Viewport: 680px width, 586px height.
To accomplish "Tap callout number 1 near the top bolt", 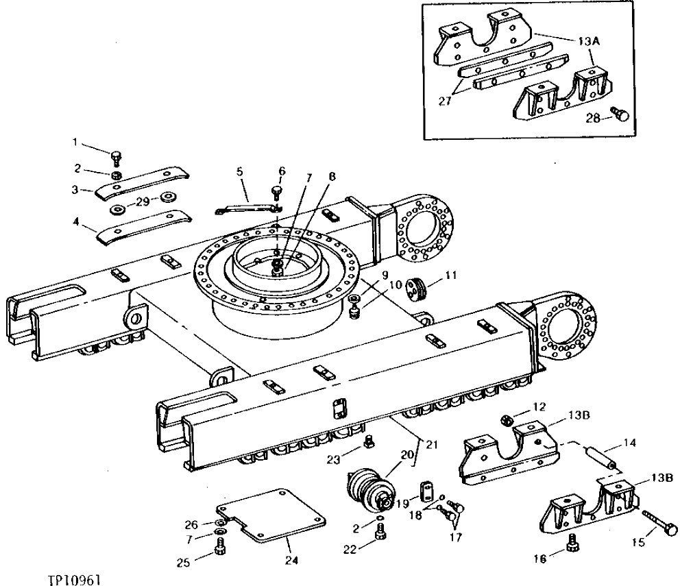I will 75,142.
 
